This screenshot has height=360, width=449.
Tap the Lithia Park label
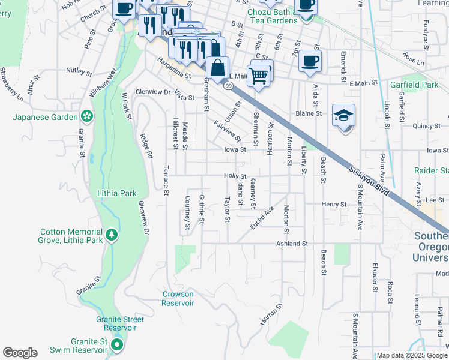pos(117,193)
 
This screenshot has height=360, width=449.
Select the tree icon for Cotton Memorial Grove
pos(111,235)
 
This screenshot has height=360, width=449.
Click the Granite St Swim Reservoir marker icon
pos(117,345)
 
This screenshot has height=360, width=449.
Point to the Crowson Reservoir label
pos(178,298)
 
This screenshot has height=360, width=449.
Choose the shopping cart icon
pos(258,75)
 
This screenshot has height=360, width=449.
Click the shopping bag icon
pos(218,67)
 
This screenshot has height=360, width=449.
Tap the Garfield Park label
pos(414,85)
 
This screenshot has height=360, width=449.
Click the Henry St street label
pos(334,204)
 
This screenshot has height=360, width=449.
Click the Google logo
pos(20,353)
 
